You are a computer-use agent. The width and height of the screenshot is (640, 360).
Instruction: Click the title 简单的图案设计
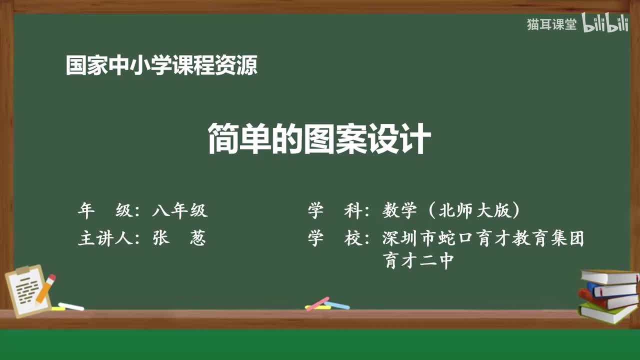[319, 140]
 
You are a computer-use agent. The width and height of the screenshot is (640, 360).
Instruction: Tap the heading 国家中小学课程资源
[161, 65]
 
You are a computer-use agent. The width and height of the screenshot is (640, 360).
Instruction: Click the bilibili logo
[605, 23]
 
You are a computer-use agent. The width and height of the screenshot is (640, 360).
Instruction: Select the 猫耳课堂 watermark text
[551, 24]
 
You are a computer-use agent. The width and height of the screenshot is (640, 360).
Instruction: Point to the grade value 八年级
[180, 211]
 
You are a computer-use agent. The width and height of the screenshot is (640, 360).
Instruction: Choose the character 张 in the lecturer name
[161, 238]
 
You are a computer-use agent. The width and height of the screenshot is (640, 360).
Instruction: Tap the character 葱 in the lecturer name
[198, 238]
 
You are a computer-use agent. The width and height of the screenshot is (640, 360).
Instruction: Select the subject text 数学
[399, 211]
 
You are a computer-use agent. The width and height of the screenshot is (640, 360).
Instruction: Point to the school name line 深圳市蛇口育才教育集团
[483, 238]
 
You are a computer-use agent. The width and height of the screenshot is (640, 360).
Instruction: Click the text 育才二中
[418, 260]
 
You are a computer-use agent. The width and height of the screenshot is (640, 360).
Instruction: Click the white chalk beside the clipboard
[71, 306]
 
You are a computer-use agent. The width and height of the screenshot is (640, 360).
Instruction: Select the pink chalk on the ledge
[317, 303]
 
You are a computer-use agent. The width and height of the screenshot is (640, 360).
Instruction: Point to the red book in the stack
[607, 300]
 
